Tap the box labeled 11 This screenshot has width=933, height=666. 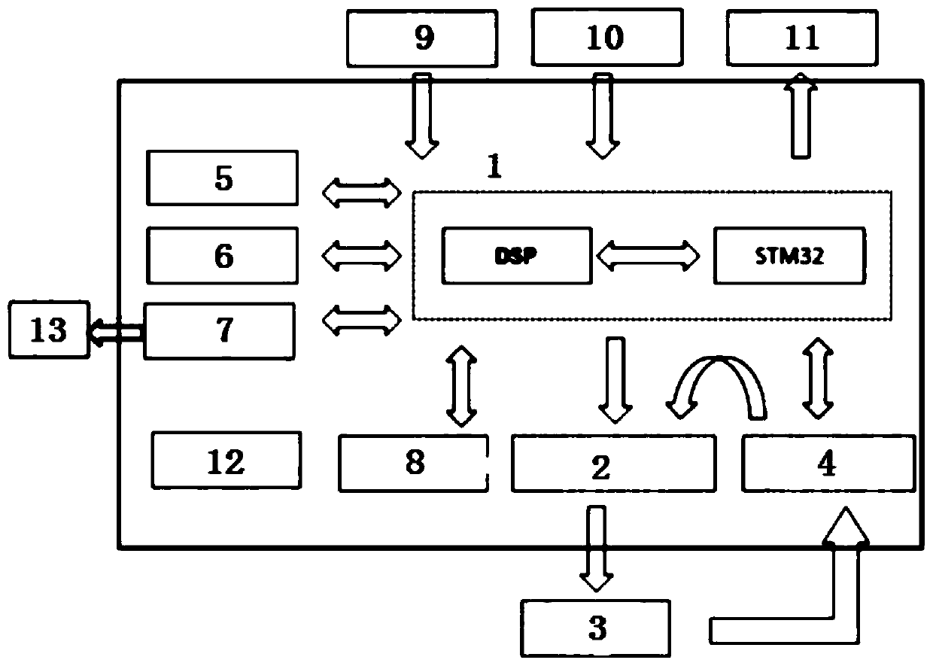click(802, 38)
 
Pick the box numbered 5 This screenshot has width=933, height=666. click(223, 178)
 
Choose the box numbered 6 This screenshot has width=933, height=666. click(223, 256)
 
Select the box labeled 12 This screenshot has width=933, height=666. click(226, 461)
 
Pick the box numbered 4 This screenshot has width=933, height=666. click(828, 463)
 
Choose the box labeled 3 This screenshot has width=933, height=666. click(597, 628)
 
